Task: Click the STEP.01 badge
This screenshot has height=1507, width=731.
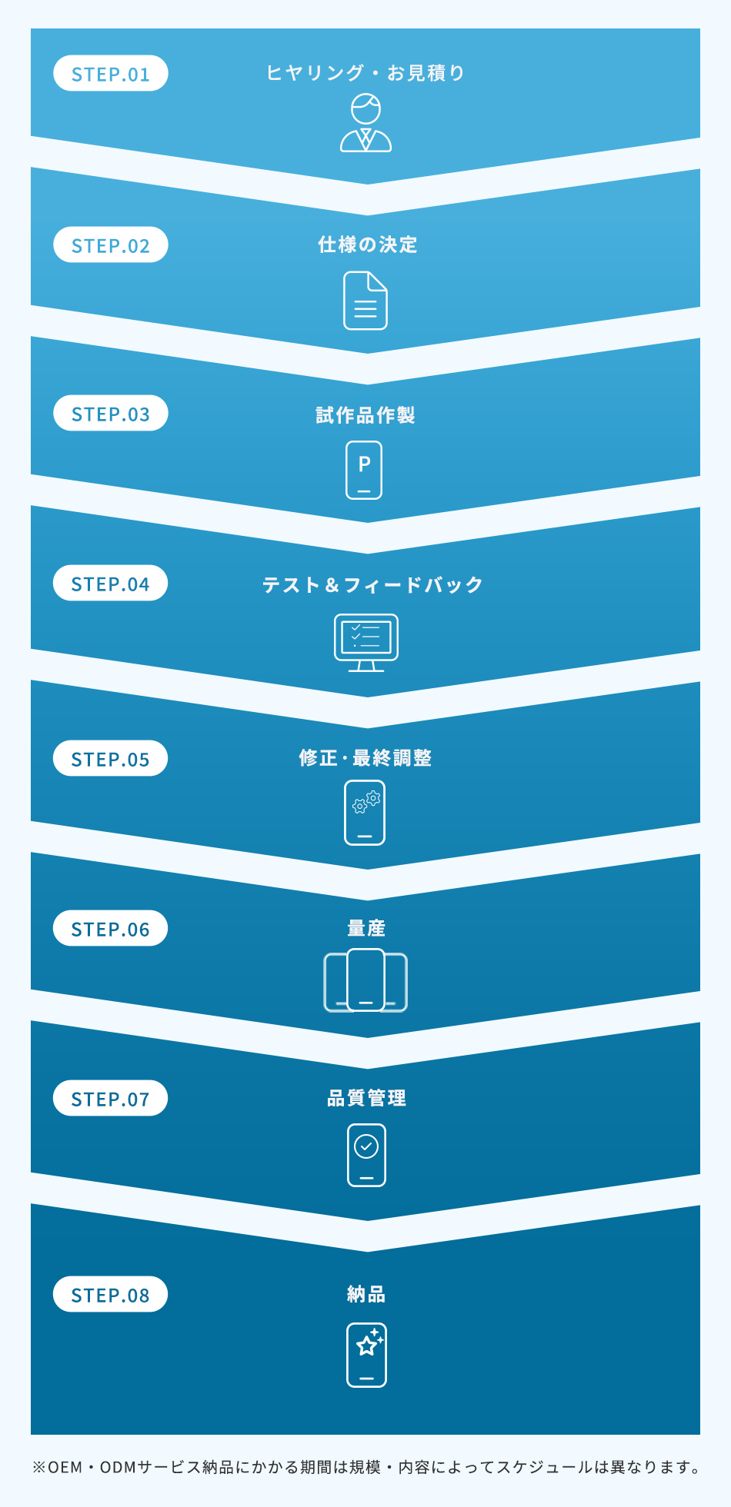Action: (111, 74)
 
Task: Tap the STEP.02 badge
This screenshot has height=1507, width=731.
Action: (111, 245)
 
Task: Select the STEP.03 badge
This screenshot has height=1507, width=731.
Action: (111, 414)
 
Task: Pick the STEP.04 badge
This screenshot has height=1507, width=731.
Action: (111, 584)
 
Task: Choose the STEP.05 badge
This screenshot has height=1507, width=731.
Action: (111, 759)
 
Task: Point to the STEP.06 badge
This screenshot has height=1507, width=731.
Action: (111, 929)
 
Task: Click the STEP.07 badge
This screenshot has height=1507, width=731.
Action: (111, 1099)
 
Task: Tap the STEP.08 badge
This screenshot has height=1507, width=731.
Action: (111, 1295)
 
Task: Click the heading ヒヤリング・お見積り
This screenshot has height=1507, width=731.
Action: (365, 73)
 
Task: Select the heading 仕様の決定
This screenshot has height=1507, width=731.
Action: (368, 245)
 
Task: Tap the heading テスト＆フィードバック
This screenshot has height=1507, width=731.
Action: (372, 585)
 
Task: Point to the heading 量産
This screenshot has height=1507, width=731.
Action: (366, 928)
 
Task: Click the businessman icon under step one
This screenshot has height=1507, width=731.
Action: (365, 123)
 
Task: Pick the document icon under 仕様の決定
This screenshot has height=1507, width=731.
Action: (365, 301)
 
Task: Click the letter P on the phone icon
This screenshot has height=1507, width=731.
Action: (365, 464)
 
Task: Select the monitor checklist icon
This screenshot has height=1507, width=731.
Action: (366, 643)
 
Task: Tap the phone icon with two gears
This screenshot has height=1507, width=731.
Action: (365, 813)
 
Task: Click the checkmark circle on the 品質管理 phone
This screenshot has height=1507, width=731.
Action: (366, 1146)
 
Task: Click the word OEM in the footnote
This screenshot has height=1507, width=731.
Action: (65, 1467)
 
